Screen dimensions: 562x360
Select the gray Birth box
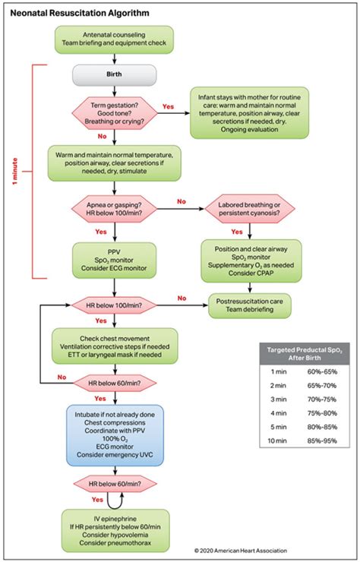114,74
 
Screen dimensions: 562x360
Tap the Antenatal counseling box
114,39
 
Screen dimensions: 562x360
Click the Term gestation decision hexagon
114,113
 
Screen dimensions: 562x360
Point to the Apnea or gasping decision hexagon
114,209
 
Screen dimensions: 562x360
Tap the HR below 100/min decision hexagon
114,305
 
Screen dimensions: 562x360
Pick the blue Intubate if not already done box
114,435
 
